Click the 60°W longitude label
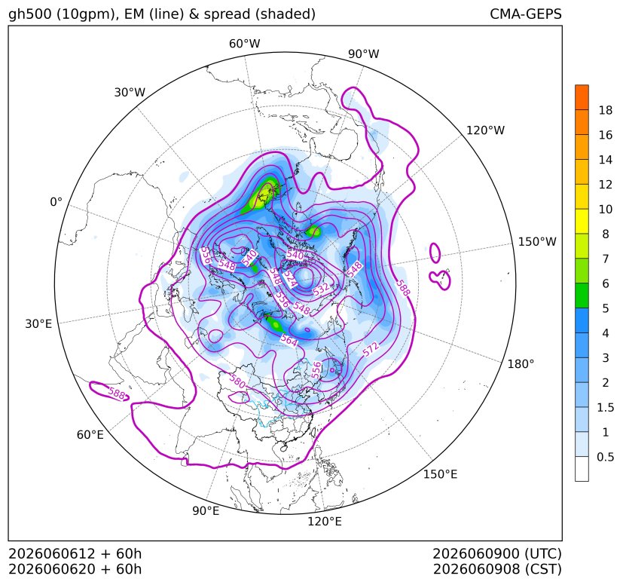(x=244, y=44)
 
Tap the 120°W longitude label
(x=485, y=130)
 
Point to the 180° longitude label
(x=521, y=363)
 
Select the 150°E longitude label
(x=440, y=474)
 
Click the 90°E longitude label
(x=206, y=510)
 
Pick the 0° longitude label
(x=56, y=201)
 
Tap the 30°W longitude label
(x=130, y=92)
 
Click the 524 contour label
(x=291, y=278)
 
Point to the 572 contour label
(x=371, y=349)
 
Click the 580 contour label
(x=237, y=381)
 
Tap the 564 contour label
(x=289, y=340)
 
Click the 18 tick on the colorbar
(x=606, y=110)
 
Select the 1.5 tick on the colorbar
(x=606, y=407)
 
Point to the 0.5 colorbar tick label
(x=606, y=457)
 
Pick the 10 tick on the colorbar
(x=606, y=209)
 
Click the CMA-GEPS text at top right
(x=526, y=14)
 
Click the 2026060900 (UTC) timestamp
(x=497, y=553)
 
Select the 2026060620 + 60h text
(x=75, y=569)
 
